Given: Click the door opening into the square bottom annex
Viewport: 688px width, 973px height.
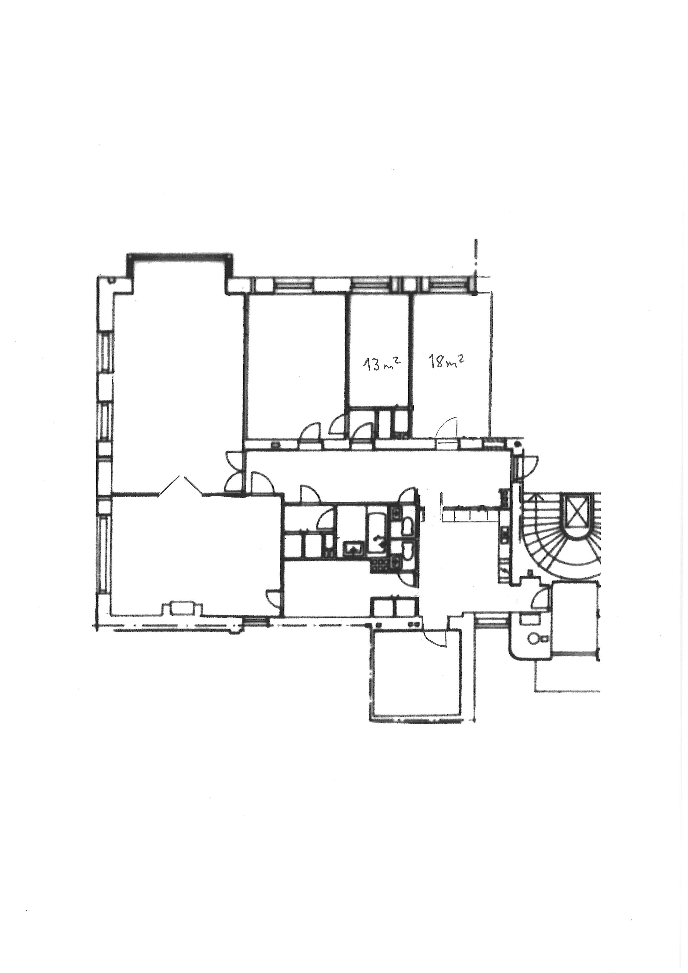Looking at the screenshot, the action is click(434, 638).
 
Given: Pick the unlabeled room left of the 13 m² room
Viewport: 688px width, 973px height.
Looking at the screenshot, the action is click(297, 365).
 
